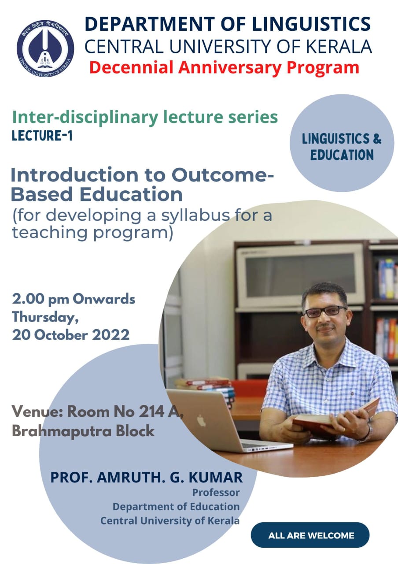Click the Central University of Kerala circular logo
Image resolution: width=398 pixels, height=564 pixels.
pyautogui.click(x=45, y=48)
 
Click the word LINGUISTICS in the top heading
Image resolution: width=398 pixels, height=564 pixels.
pyautogui.click(x=311, y=24)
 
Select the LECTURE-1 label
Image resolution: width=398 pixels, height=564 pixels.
pyautogui.click(x=42, y=136)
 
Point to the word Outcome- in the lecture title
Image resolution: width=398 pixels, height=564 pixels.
pyautogui.click(x=222, y=175)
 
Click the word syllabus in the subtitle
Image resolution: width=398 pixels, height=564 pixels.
pyautogui.click(x=195, y=216)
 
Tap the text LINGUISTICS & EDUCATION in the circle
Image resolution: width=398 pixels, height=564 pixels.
pyautogui.click(x=342, y=147)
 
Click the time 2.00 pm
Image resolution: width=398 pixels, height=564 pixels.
pyautogui.click(x=41, y=300)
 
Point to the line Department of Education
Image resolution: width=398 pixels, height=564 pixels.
pyautogui.click(x=176, y=507)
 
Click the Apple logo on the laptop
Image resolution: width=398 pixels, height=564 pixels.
pyautogui.click(x=201, y=421)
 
